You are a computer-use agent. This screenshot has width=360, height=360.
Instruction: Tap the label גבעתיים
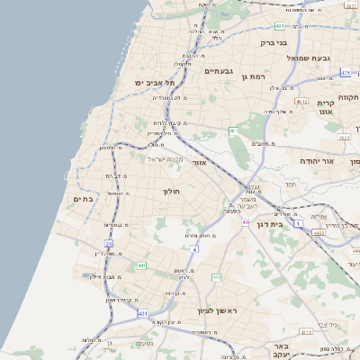tap(219, 71)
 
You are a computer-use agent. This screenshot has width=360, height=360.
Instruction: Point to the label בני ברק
tap(273, 42)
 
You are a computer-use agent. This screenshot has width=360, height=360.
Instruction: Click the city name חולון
tap(172, 192)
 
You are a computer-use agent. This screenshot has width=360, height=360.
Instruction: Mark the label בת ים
tap(83, 199)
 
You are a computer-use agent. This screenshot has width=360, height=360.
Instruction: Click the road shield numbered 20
tap(109, 243)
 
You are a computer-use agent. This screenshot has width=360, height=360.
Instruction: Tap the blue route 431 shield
tap(142, 312)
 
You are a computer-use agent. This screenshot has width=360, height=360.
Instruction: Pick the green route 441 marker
tap(141, 266)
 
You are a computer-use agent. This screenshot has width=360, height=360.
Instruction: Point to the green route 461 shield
tap(233, 131)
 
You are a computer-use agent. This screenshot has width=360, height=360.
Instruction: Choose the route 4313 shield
tap(306, 332)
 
